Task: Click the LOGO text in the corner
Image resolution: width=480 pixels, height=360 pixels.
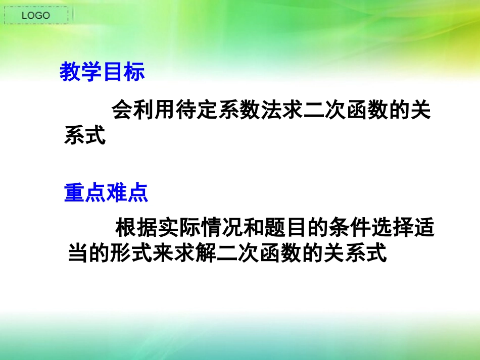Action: pos(36,16)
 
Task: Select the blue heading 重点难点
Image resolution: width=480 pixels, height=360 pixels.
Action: pos(106,193)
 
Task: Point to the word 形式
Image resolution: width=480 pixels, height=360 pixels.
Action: pos(131,253)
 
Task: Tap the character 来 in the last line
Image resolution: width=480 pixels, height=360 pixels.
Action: pos(163,253)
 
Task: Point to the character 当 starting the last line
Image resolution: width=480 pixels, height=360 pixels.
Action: pos(78,253)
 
